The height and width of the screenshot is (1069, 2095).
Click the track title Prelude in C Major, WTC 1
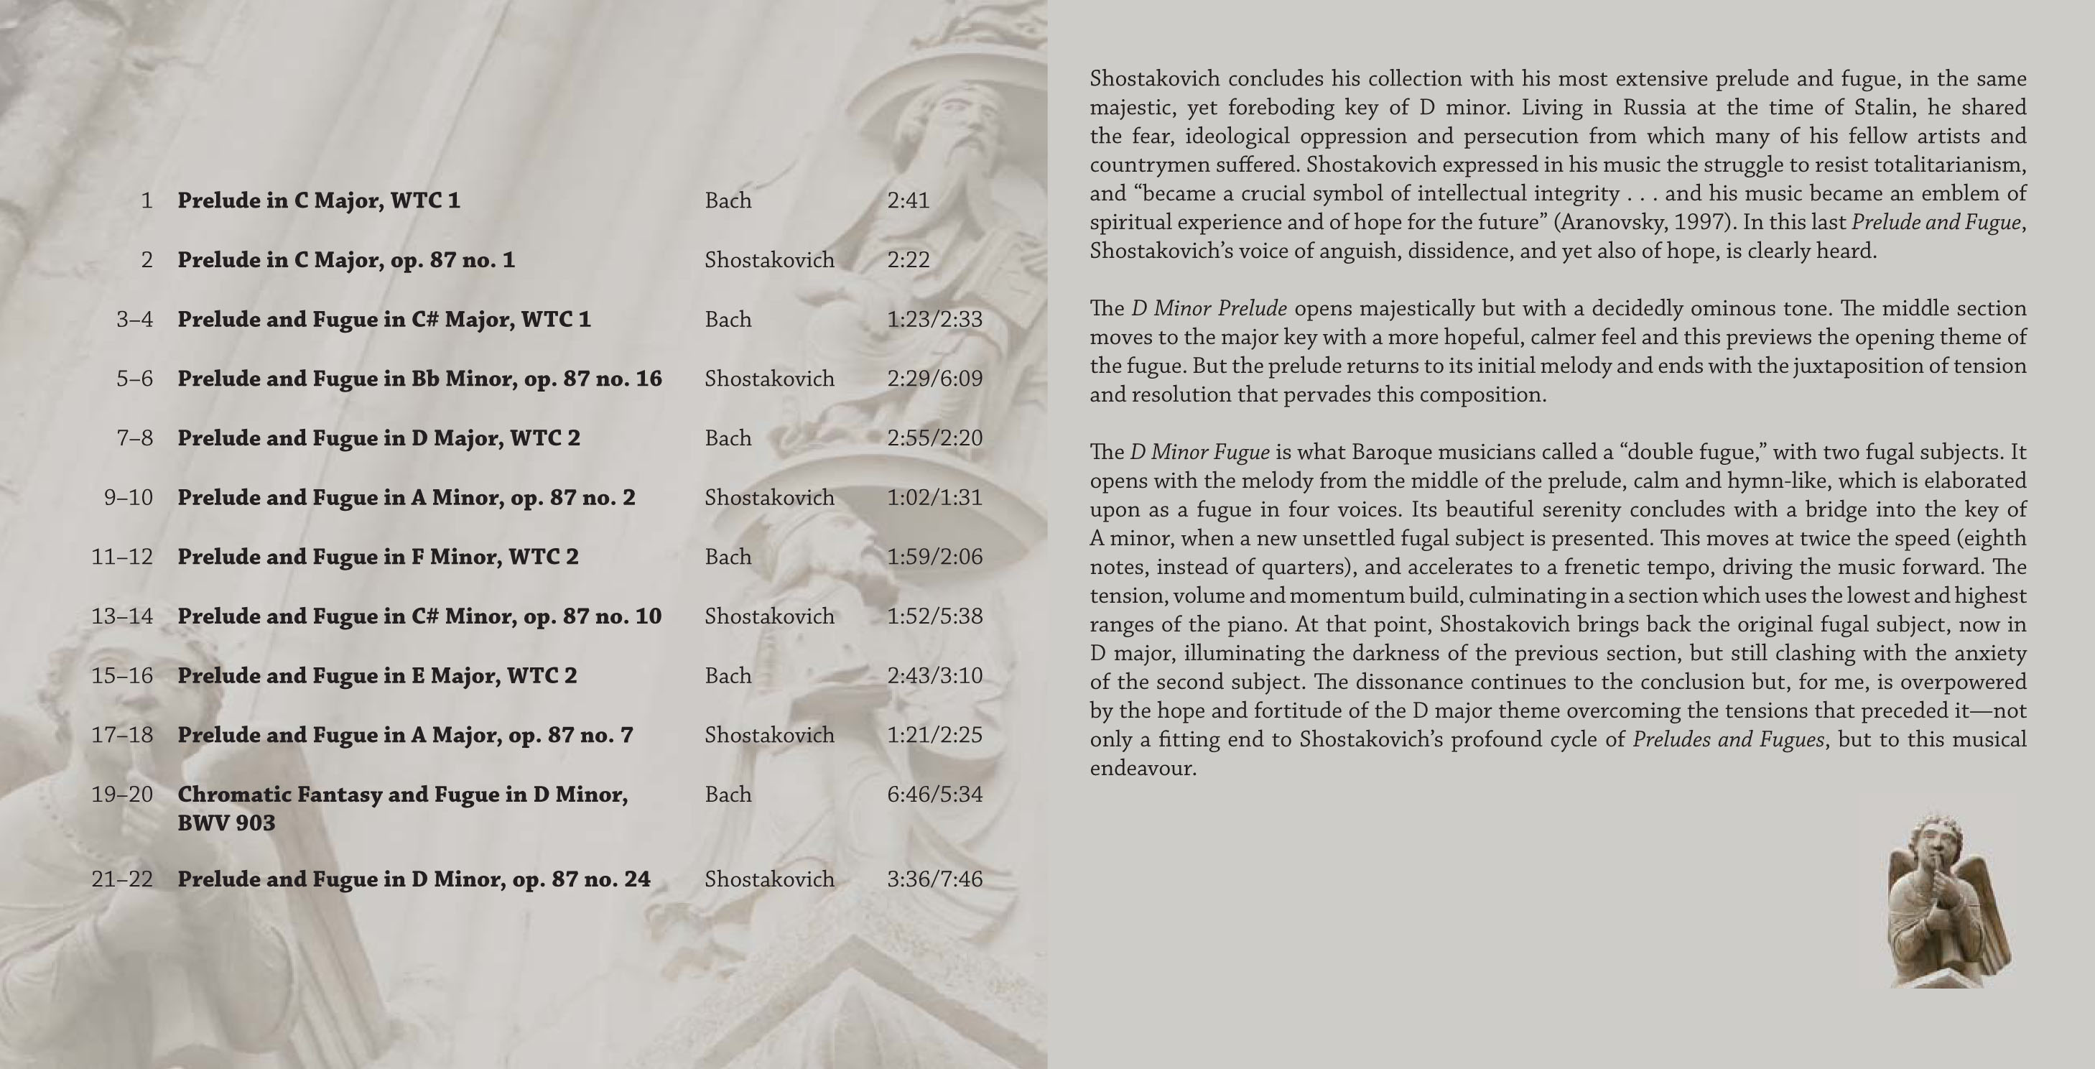pos(319,200)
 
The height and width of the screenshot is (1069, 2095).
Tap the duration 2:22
pos(908,259)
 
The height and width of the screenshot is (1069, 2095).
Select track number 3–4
pos(134,319)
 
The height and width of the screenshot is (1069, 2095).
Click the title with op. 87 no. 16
pos(419,379)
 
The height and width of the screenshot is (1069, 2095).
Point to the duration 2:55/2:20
pos(934,438)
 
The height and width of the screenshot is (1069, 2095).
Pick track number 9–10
pos(129,497)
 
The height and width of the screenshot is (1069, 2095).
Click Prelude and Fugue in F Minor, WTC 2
pos(378,557)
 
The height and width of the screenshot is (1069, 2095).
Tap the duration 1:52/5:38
pos(934,616)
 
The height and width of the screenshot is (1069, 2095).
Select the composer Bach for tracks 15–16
pos(728,675)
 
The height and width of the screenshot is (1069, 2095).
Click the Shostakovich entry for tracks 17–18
pos(769,735)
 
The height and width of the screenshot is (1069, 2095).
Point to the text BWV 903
pos(226,823)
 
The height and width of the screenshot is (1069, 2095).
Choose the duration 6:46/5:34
pos(934,794)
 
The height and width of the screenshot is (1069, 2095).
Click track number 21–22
pos(122,879)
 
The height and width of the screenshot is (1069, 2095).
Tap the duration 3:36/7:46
pos(934,879)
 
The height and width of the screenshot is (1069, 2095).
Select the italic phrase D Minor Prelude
pos(1209,308)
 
